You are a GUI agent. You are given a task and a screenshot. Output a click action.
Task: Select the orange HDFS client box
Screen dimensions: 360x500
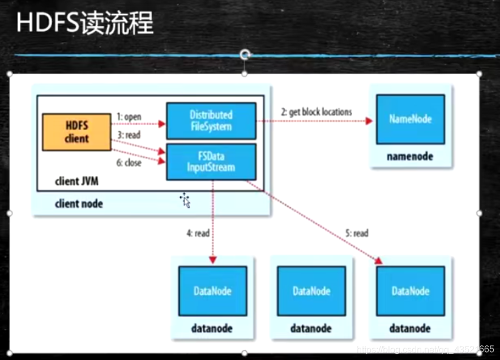click(76, 132)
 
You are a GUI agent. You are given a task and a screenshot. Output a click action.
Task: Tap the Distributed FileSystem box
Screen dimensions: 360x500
click(211, 121)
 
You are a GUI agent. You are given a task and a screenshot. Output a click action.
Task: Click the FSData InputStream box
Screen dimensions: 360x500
click(211, 161)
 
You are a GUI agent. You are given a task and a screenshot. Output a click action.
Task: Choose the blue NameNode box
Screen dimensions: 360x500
click(411, 119)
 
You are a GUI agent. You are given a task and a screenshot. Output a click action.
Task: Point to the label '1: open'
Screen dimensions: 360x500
click(129, 117)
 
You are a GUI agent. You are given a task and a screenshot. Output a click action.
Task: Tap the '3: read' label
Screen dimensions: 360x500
click(129, 135)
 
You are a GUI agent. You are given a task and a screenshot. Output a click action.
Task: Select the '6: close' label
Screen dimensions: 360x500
click(129, 163)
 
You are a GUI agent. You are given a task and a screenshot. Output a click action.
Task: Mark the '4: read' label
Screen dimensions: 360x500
click(198, 233)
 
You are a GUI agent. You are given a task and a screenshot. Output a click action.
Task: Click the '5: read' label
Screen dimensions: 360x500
click(357, 233)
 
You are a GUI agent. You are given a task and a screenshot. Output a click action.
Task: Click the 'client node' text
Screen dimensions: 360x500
click(79, 203)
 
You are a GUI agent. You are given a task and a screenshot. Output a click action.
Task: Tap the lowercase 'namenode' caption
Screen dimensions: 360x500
click(410, 156)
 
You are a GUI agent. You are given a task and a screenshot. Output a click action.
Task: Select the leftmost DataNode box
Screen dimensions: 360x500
click(212, 291)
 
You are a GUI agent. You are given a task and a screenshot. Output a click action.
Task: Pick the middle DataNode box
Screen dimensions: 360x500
click(311, 291)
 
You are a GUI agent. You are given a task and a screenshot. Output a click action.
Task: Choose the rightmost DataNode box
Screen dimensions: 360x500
click(411, 291)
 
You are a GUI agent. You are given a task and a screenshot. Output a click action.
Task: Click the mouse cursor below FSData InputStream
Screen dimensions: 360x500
click(185, 200)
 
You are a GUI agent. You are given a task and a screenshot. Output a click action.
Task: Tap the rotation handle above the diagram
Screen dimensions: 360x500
click(245, 55)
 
